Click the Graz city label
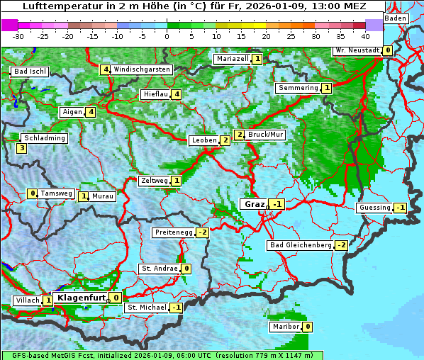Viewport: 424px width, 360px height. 254,204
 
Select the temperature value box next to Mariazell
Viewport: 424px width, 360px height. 257,59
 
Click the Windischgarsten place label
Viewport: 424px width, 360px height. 142,69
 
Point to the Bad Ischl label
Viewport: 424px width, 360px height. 30,72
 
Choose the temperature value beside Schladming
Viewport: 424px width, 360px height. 22,148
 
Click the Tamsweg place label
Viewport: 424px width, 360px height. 56,193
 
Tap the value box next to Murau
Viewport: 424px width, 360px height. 84,196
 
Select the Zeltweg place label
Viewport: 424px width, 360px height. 155,181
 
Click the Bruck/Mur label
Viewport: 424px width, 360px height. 267,135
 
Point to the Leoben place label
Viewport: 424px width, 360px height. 204,140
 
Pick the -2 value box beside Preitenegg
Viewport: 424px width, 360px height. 203,232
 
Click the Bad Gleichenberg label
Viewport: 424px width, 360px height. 300,245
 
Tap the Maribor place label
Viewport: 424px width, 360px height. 284,327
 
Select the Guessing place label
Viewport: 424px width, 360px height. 374,208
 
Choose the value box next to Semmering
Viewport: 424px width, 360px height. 326,88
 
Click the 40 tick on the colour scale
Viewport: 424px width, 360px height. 365,36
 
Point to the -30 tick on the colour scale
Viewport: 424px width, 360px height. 18,36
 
